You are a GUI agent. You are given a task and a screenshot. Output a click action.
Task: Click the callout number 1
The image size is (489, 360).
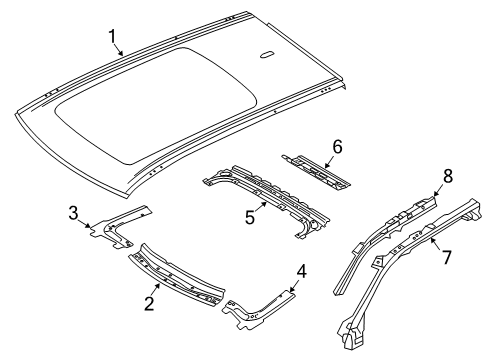(112, 36)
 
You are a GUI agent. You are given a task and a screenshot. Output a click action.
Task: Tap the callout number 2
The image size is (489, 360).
(149, 303)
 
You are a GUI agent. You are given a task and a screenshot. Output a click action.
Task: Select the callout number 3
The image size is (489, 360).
(74, 213)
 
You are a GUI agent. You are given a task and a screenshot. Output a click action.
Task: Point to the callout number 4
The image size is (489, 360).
(301, 272)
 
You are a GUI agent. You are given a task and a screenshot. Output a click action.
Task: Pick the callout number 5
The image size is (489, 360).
(250, 218)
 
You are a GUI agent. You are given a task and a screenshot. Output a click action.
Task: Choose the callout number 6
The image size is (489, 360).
(337, 147)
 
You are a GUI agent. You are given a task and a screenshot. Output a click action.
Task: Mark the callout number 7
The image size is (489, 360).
(446, 257)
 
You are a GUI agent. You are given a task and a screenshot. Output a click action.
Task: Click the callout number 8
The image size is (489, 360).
(448, 176)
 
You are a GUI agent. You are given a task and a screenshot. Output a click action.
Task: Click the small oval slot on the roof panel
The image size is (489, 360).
(267, 55)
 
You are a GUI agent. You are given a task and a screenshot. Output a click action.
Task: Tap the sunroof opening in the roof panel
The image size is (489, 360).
(156, 106)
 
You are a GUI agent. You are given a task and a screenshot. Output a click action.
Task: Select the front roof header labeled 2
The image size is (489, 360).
(177, 274)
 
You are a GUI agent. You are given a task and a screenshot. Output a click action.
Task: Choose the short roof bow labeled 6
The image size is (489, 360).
(316, 172)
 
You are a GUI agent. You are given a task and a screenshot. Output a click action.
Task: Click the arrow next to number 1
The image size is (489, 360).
(118, 50)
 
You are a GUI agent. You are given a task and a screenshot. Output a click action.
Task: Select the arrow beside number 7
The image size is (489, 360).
(436, 244)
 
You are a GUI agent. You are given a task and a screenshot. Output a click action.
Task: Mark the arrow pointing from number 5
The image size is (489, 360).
(261, 207)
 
